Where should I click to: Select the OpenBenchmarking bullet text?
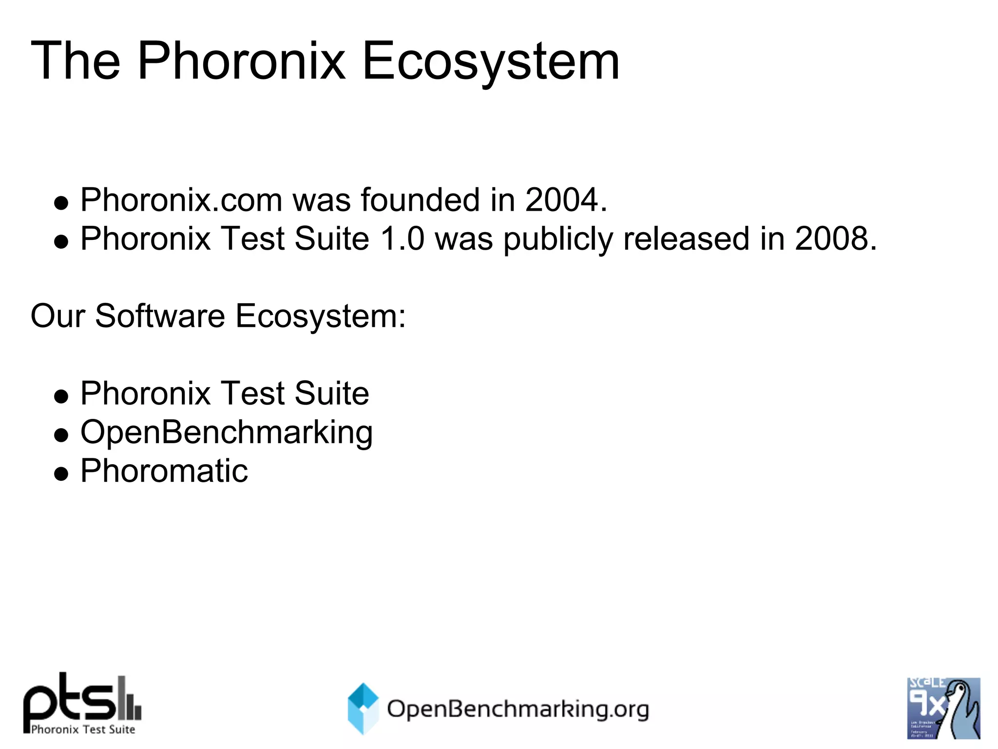227,433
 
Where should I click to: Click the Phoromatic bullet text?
164,471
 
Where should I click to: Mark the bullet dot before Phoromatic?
61,473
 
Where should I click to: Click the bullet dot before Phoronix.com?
61,203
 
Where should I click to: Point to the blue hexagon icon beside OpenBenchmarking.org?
363,709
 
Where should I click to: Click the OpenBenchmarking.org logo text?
518,710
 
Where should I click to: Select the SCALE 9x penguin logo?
943,708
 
